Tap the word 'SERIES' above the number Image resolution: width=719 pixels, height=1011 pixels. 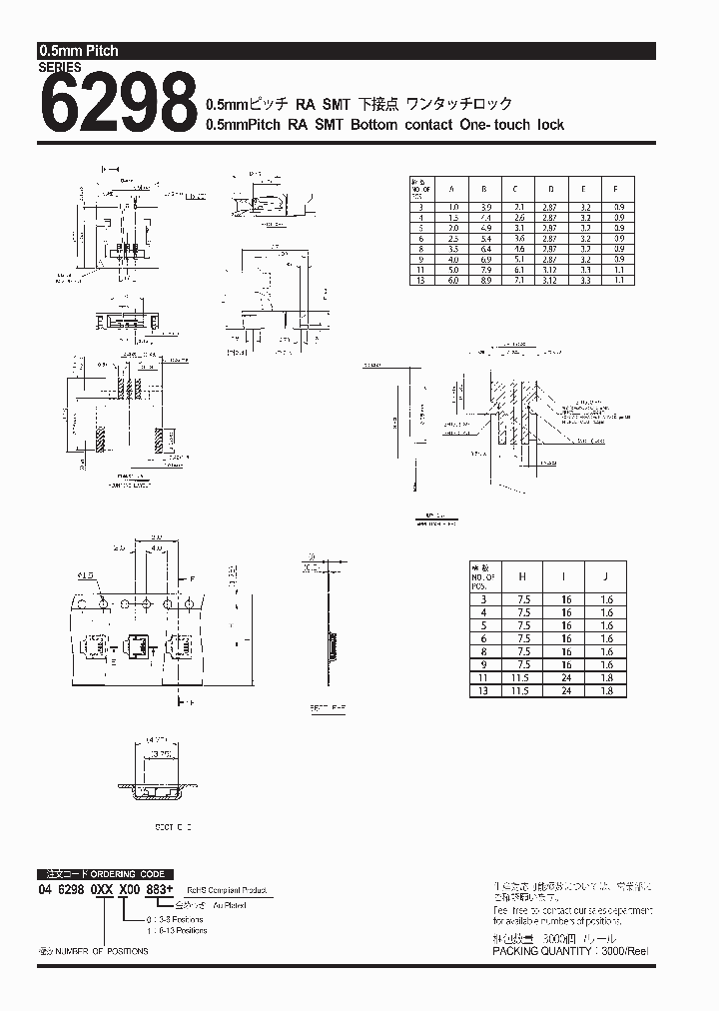(x=60, y=68)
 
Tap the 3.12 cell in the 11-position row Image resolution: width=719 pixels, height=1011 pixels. (x=549, y=269)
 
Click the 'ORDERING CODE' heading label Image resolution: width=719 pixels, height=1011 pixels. (x=130, y=873)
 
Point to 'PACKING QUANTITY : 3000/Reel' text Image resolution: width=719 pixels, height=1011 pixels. (x=570, y=952)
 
